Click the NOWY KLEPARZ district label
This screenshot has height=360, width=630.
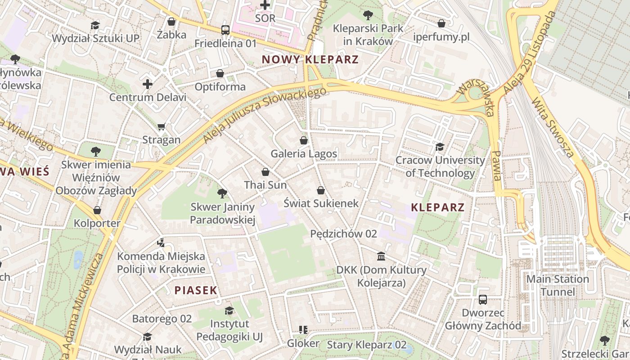310,59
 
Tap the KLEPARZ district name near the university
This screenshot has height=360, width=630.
437,207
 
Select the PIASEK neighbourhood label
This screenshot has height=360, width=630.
196,290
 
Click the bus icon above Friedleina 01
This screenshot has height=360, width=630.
225,30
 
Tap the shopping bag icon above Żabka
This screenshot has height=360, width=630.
171,21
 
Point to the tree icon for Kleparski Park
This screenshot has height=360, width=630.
368,15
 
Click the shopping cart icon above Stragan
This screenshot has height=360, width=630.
162,126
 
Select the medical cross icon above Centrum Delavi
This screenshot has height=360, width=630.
148,84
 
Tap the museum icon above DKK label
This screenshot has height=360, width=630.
381,256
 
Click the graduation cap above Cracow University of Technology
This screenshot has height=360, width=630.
440,147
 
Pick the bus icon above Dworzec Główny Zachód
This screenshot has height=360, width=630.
483,299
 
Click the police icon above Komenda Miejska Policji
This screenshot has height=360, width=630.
161,243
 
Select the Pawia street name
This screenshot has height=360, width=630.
496,166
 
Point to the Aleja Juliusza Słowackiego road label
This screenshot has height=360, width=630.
264,115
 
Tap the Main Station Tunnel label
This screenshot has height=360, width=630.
558,285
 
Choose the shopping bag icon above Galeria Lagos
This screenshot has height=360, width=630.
304,140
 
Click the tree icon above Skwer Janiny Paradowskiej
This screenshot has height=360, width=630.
222,194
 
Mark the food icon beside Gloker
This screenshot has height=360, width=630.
303,330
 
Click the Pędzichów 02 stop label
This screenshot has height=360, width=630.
343,234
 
